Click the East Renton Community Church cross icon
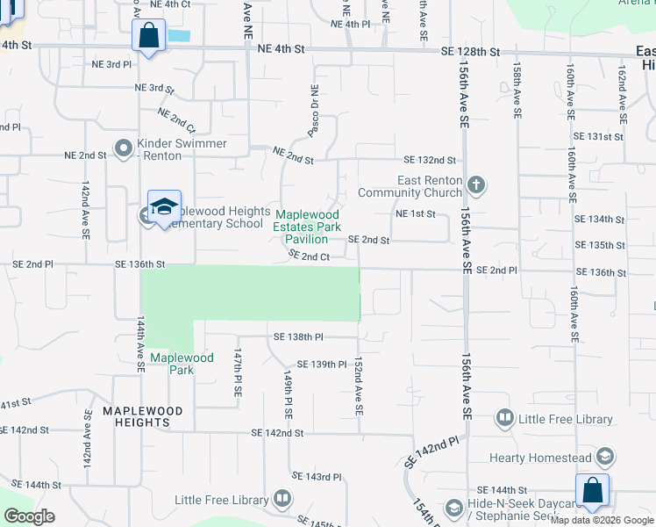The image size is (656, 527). click(x=476, y=185)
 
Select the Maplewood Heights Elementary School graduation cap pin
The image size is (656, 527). click(x=164, y=207)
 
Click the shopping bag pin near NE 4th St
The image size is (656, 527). click(x=149, y=37)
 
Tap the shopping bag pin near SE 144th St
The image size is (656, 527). click(x=592, y=491)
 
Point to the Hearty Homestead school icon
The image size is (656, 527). click(x=605, y=457)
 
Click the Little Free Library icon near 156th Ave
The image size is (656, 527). click(x=504, y=419)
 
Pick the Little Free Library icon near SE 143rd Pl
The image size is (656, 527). click(x=282, y=500)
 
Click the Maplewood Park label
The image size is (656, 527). click(x=181, y=357)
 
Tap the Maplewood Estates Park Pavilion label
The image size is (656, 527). click(x=308, y=227)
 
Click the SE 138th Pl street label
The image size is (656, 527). click(x=298, y=336)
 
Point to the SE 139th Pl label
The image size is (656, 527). click(x=322, y=364)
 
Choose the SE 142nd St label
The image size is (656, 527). click(x=276, y=432)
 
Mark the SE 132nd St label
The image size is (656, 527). click(x=430, y=160)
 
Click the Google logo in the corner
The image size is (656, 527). click(x=29, y=516)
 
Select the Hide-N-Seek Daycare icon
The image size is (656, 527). click(x=453, y=508)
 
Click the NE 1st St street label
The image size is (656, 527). click(x=416, y=213)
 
